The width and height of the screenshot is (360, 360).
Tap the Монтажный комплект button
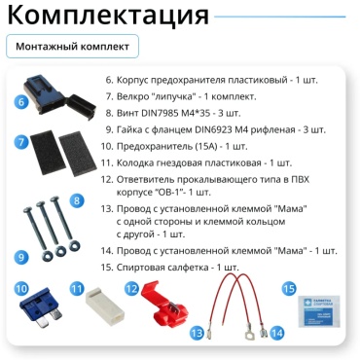72,47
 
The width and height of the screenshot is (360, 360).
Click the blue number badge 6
21,102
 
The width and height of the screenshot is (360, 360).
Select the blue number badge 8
77,200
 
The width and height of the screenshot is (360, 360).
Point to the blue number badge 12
132,288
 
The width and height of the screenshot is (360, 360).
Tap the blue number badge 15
289,288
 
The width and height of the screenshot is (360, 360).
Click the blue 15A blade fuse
41,306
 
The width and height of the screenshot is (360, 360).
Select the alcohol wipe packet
318,310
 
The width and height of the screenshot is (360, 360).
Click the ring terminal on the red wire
249,336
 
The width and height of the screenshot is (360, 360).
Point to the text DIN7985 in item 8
158,113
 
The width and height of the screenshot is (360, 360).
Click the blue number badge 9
21,257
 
